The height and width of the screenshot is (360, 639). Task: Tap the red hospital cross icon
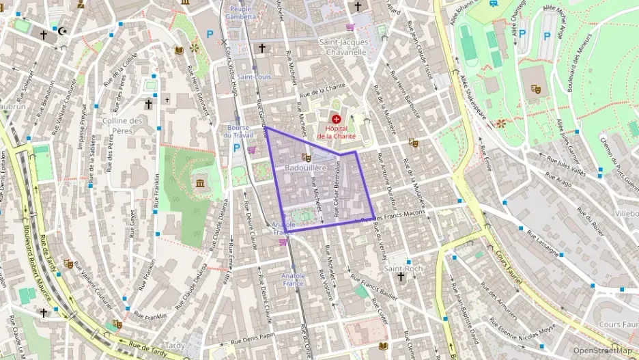tap(336, 119)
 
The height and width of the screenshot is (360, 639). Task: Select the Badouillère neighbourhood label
tap(305, 167)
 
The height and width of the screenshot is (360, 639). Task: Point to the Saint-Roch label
tap(403, 268)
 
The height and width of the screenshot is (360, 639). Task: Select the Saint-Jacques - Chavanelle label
tap(343, 46)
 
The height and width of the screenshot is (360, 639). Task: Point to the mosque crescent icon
tap(63, 31)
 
